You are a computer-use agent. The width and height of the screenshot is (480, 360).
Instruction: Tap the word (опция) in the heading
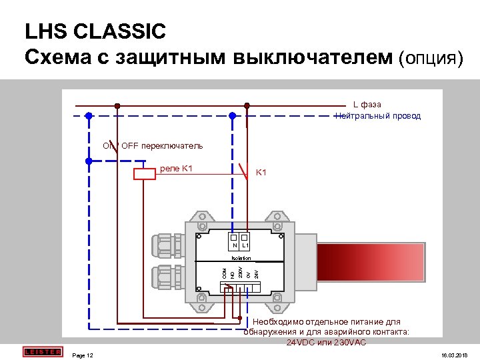[431, 57]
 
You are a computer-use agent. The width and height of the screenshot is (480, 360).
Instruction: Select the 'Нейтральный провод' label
[378, 115]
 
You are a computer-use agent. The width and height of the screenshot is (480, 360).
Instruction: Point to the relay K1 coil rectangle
[145, 174]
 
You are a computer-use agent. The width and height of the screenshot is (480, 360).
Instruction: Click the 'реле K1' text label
[177, 168]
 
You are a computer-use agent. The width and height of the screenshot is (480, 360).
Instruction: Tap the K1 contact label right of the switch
[261, 173]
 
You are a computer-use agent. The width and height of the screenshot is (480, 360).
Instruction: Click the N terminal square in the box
[234, 237]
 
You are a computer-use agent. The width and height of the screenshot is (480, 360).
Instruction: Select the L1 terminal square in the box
[245, 237]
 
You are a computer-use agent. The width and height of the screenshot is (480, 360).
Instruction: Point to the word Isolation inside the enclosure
[241, 257]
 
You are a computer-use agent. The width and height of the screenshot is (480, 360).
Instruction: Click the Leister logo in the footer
[42, 351]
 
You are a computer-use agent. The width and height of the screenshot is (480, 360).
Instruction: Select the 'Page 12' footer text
[83, 355]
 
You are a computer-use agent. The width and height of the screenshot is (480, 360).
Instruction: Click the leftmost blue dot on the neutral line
[89, 115]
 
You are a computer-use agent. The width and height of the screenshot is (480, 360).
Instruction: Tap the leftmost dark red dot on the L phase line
[118, 105]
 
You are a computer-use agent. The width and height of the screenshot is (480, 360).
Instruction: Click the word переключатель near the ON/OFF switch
[171, 145]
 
